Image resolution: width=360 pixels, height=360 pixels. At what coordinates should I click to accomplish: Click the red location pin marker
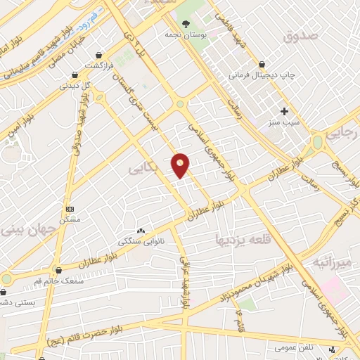[181, 165]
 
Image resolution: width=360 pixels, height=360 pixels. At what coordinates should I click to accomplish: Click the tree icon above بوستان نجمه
[186, 23]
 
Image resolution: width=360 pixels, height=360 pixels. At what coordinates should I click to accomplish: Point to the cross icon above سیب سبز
[285, 110]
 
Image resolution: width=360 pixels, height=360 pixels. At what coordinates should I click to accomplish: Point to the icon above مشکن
[70, 209]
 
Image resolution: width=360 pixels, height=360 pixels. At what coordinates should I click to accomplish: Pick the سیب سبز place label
[285, 122]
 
